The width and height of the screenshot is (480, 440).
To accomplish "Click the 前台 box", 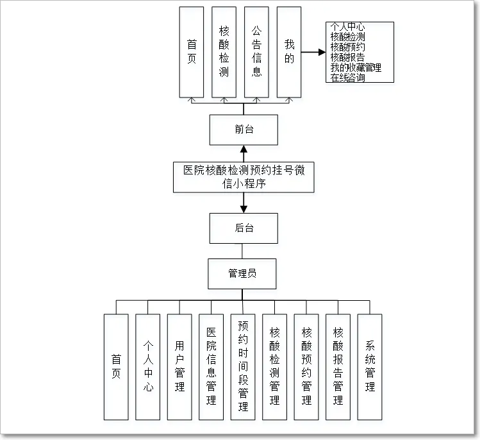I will coord(244,130).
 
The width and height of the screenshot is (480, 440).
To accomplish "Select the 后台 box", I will coord(244,228).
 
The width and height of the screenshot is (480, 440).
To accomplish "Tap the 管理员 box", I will coord(242,273).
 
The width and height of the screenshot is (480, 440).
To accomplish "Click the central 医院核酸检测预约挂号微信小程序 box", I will coord(244,177).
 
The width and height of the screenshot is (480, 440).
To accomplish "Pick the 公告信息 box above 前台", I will coord(256,52).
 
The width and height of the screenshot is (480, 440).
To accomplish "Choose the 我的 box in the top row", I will coord(289,52).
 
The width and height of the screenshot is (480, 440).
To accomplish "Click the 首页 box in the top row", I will coord(192,52).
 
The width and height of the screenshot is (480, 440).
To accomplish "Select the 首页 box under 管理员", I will coord(116,366).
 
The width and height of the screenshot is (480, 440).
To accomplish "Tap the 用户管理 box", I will coord(179,366).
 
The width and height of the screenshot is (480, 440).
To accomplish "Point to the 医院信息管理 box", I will coord(211,366).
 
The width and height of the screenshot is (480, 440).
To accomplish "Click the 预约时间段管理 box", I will coord(243,366).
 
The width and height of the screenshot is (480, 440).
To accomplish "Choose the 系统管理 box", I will coord(370,366).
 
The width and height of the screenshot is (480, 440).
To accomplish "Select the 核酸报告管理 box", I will coord(338,366).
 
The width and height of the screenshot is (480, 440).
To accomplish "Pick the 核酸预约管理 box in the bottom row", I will coord(306,366).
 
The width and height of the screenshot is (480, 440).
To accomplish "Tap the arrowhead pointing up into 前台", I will coord(244,149).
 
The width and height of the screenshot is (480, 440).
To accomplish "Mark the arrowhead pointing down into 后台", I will coord(244,208).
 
